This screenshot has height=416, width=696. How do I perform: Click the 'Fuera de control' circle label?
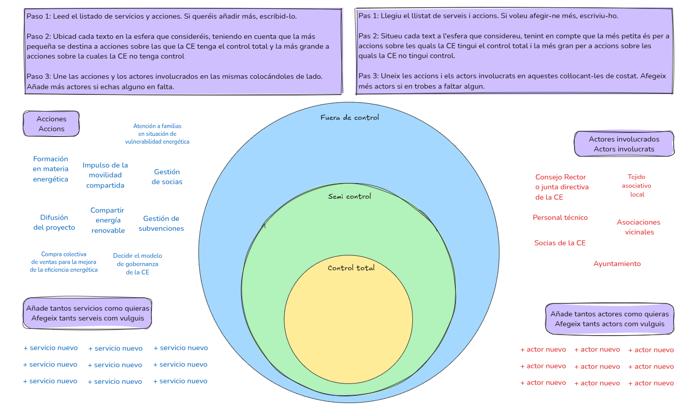click(350, 117)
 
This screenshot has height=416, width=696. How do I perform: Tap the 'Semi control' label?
click(350, 196)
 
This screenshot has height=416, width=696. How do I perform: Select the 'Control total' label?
click(351, 268)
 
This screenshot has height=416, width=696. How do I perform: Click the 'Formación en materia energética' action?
click(50, 169)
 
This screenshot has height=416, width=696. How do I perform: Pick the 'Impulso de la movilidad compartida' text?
click(105, 175)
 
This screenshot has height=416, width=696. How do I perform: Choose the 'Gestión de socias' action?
click(167, 177)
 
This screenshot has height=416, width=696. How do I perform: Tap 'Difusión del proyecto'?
click(54, 223)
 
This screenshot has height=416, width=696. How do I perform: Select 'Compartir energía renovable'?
click(108, 220)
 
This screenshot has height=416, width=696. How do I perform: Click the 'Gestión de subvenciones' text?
click(161, 224)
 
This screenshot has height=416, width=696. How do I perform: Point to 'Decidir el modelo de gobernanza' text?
click(137, 264)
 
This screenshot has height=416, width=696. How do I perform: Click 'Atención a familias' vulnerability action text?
click(157, 134)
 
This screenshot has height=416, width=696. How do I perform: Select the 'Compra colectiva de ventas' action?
click(64, 262)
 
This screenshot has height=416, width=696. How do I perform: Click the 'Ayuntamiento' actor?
click(617, 264)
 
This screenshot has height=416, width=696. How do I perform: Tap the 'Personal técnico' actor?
click(560, 217)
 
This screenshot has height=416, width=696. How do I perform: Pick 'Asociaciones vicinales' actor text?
click(638, 227)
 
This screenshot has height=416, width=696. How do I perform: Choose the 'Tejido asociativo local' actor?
click(636, 186)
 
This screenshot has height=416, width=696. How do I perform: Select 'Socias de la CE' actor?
click(560, 243)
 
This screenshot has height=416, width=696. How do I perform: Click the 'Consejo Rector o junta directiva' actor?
click(562, 187)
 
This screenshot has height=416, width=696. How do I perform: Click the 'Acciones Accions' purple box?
click(51, 124)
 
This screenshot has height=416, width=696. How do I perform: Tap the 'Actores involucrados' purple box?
click(624, 144)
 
